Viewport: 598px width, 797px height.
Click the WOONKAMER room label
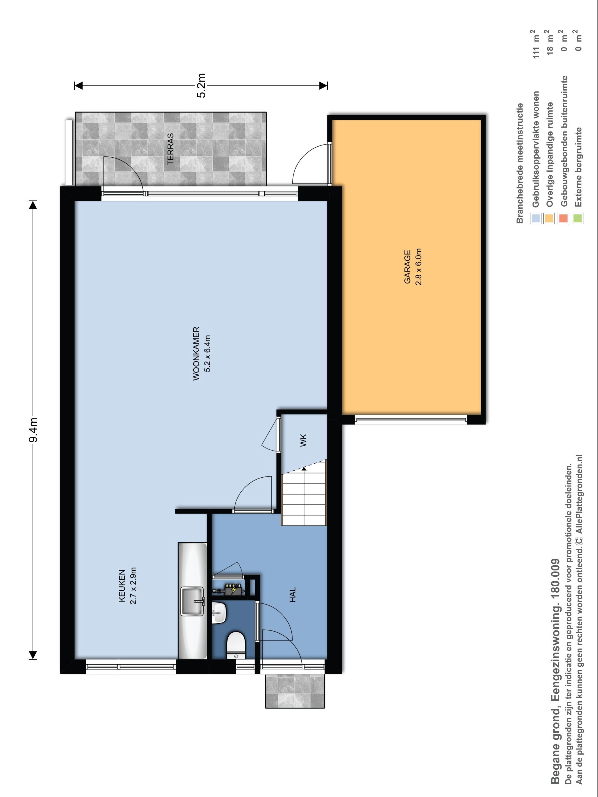click(x=196, y=354)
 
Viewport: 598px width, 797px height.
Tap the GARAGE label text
click(x=407, y=267)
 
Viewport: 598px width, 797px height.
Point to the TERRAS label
click(x=171, y=149)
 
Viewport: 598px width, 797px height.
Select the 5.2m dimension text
click(x=201, y=85)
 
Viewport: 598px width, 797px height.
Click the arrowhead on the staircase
click(x=304, y=469)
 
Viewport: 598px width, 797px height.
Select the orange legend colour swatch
click(x=549, y=218)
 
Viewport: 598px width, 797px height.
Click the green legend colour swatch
click(x=577, y=218)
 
